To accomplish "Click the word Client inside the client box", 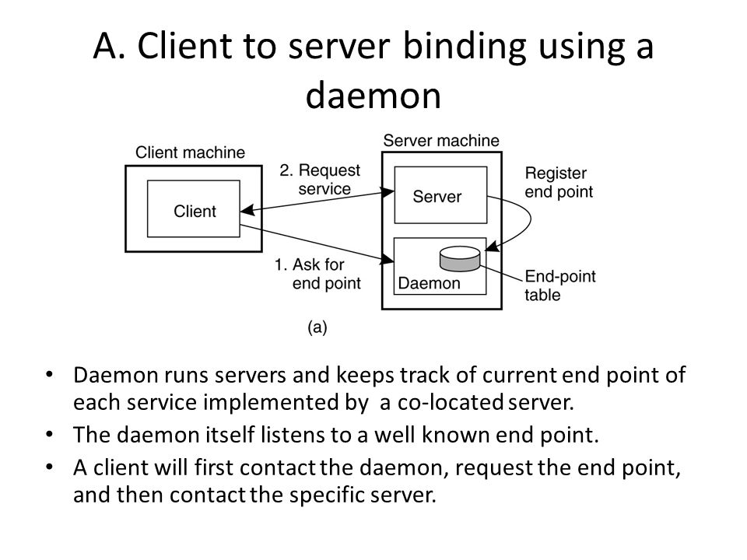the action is (x=195, y=211).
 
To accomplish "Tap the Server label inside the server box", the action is (x=437, y=196).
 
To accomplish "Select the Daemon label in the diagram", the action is (x=429, y=283).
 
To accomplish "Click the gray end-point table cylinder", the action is (x=460, y=258).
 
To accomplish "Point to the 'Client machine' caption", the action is (x=190, y=152).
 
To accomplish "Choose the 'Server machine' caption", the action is (x=441, y=141).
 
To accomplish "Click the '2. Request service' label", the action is (x=320, y=180).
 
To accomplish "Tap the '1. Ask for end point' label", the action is (x=317, y=274).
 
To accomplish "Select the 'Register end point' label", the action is (x=559, y=182).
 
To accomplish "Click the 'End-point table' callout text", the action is (x=560, y=285).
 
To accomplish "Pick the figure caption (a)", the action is (x=317, y=327).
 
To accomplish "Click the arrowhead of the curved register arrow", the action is (x=492, y=247).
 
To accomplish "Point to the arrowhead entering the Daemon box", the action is (x=388, y=260).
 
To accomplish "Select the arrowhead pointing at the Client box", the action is (x=247, y=210).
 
